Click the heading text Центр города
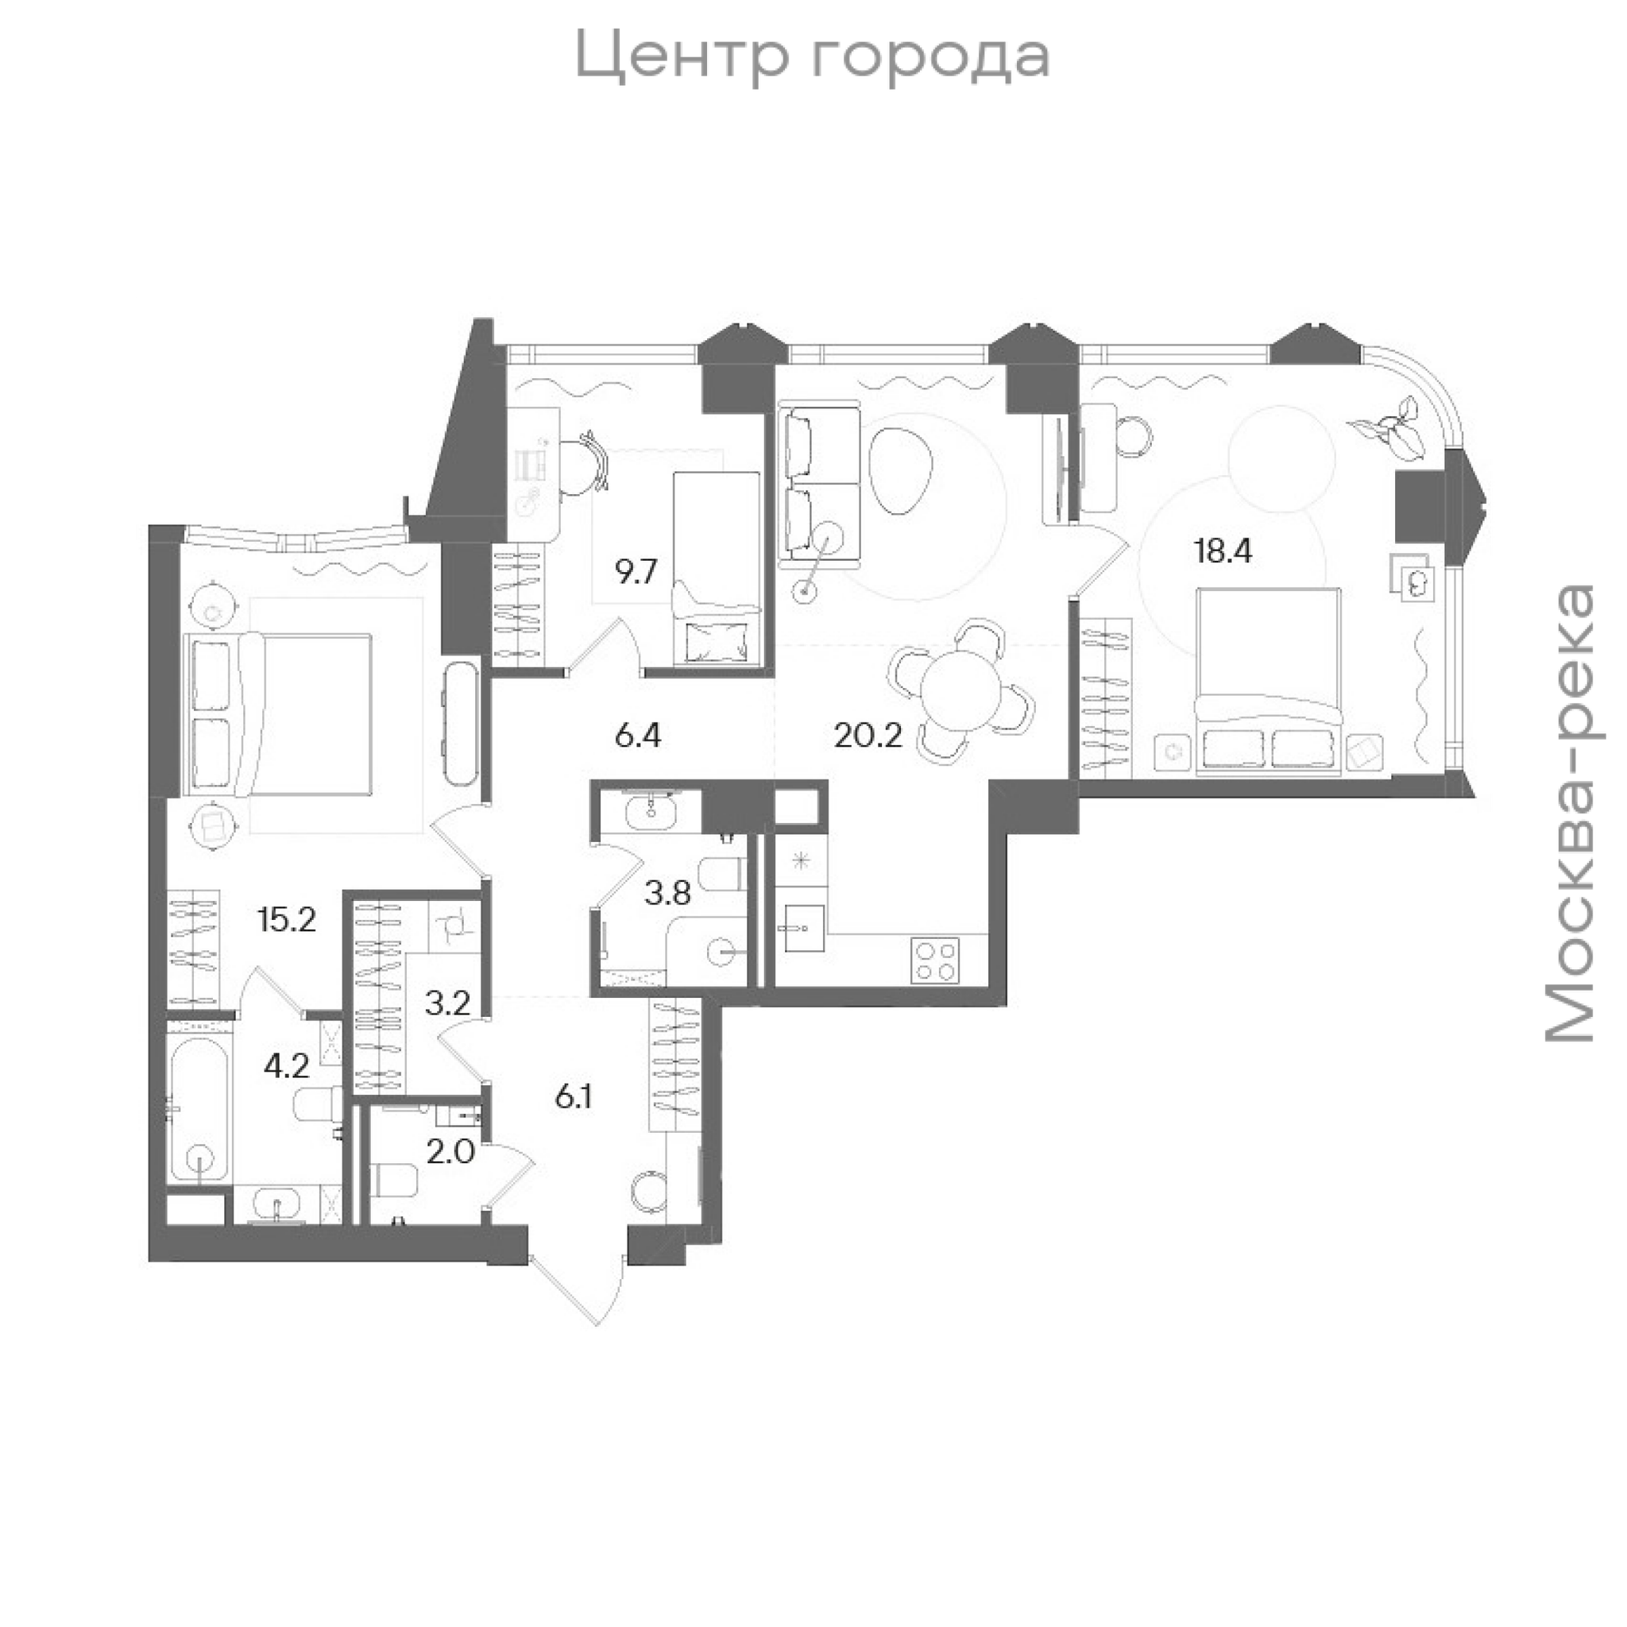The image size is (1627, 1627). (813, 57)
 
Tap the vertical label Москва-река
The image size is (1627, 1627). (1571, 813)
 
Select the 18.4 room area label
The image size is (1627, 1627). (1223, 551)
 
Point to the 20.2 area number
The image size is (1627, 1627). (868, 736)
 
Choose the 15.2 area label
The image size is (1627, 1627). (288, 920)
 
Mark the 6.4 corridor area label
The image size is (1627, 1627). (639, 736)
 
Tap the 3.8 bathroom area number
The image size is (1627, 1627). (668, 893)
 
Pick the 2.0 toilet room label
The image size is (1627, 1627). (450, 1151)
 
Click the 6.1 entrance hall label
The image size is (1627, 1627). (574, 1096)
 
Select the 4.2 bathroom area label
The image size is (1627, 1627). (286, 1067)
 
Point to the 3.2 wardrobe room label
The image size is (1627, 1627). (447, 1004)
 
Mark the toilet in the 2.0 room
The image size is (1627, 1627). (393, 1180)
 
